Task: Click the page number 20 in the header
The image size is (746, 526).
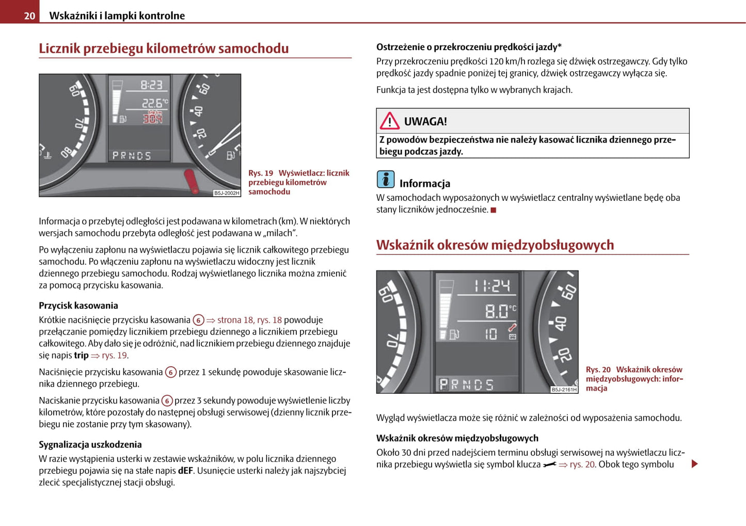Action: click(29, 16)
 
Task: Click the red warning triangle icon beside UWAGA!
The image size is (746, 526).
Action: click(389, 121)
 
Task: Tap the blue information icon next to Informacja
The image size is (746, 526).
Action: click(385, 179)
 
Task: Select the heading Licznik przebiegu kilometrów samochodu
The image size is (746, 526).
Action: click(164, 49)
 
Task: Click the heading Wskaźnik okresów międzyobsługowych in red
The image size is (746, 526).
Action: click(495, 245)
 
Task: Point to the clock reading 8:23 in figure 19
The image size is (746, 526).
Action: click(151, 85)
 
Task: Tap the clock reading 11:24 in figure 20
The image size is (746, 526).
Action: click(491, 285)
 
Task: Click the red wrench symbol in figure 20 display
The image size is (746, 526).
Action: click(512, 327)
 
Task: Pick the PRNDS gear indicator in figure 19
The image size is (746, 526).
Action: click(132, 155)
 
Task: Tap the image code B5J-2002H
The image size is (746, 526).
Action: click(227, 193)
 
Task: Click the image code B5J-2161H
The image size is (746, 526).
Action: click(564, 390)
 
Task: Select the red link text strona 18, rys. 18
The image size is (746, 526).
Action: click(249, 320)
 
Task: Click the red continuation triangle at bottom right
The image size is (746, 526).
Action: click(694, 464)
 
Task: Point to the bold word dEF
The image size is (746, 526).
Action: click(185, 471)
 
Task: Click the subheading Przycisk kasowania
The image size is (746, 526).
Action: click(78, 306)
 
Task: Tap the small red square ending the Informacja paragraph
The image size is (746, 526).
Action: click(493, 210)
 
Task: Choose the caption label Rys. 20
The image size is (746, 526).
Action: click(598, 370)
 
